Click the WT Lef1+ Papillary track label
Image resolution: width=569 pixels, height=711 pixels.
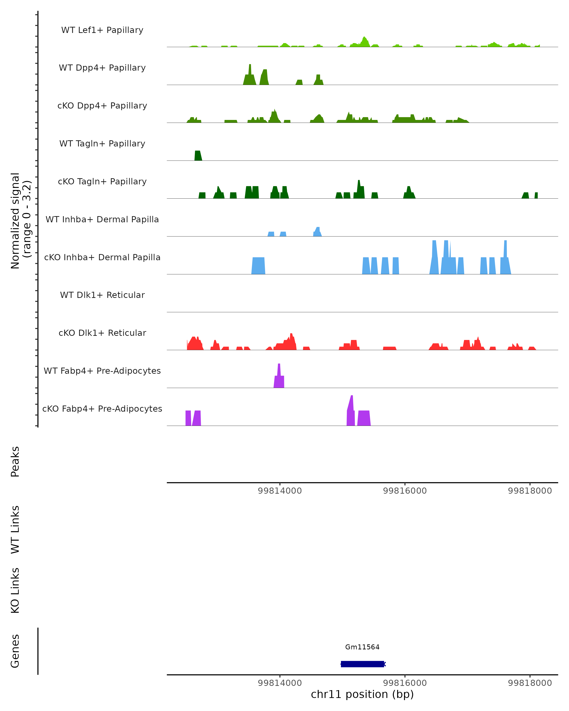102,30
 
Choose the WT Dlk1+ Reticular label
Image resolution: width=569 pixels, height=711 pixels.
102,295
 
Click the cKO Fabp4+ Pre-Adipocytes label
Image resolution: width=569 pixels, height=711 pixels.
102,409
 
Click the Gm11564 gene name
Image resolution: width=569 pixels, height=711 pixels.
362,647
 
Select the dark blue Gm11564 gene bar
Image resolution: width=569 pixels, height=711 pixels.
362,664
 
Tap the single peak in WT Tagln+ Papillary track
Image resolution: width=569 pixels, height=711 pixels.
197,156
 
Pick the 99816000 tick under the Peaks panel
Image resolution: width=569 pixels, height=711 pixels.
405,491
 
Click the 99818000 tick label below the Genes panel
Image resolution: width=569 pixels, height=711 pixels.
530,683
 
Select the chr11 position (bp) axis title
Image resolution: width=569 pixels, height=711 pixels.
362,694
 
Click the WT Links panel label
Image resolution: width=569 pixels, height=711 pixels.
15,529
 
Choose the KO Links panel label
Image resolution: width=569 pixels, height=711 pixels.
15,590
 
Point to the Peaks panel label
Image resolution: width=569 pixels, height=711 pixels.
15,461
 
